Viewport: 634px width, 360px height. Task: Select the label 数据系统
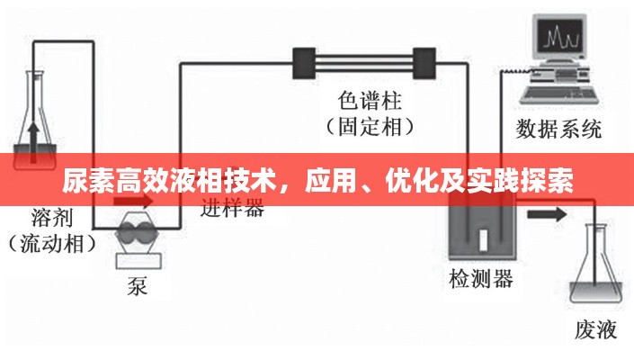pyautogui.click(x=558, y=129)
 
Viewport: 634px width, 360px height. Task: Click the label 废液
pyautogui.click(x=595, y=329)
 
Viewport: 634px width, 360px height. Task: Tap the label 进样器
pyautogui.click(x=231, y=209)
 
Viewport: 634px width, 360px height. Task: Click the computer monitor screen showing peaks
pyautogui.click(x=558, y=40)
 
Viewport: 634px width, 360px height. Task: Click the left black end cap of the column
pyautogui.click(x=301, y=64)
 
